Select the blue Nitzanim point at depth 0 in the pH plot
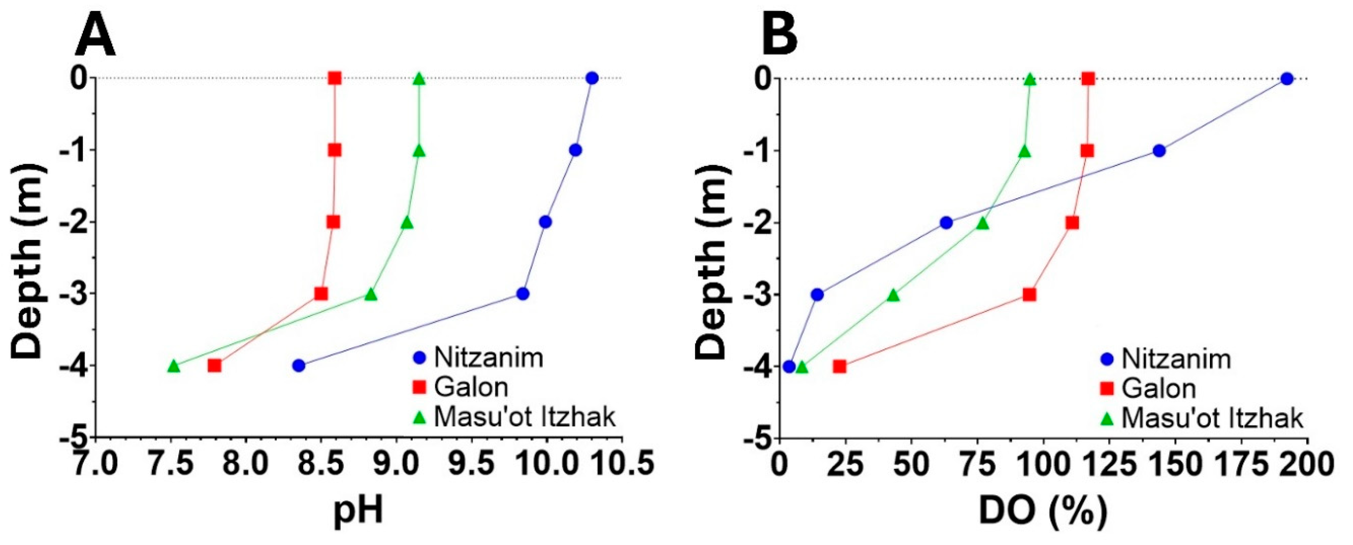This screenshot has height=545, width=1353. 592,78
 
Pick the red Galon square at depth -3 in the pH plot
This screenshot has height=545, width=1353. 321,294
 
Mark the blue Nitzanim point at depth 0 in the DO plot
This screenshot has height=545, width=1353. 1287,79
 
